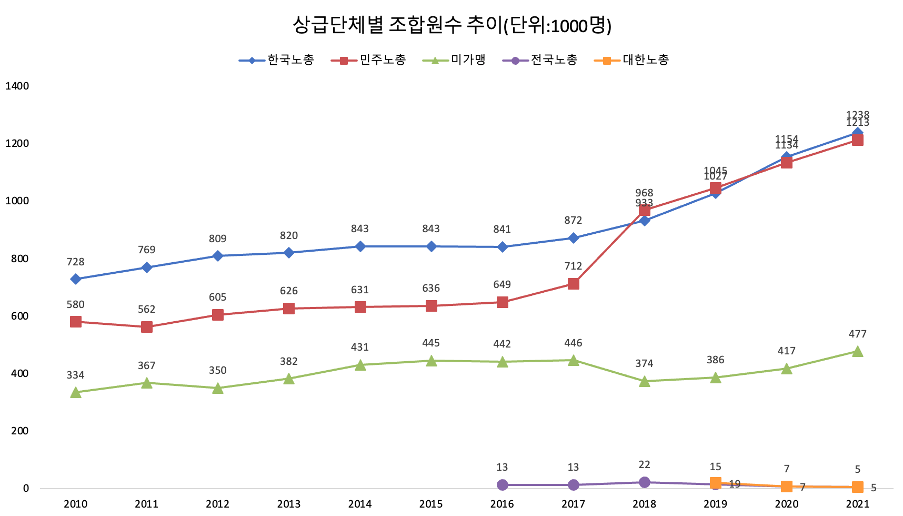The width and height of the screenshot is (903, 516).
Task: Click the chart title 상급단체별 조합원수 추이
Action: tap(451, 25)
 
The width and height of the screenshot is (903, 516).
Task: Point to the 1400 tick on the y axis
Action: tap(17, 86)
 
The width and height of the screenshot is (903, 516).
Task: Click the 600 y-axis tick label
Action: tap(18, 316)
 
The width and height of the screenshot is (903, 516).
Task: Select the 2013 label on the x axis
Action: tap(288, 504)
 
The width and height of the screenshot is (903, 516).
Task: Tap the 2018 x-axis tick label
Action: tap(644, 504)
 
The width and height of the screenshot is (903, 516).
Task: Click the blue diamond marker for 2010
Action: tap(76, 279)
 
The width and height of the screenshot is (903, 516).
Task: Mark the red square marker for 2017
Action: tap(574, 284)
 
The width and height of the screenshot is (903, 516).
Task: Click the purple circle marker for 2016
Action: tap(503, 485)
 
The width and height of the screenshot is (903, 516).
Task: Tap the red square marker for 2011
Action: tap(147, 327)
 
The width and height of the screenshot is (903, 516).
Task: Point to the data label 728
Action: tap(75, 262)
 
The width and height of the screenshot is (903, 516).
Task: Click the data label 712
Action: tap(573, 266)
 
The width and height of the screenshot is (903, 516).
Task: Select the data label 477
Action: tap(857, 334)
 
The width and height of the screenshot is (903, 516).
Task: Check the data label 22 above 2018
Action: tap(644, 464)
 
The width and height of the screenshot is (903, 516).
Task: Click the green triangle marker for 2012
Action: tap(218, 389)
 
